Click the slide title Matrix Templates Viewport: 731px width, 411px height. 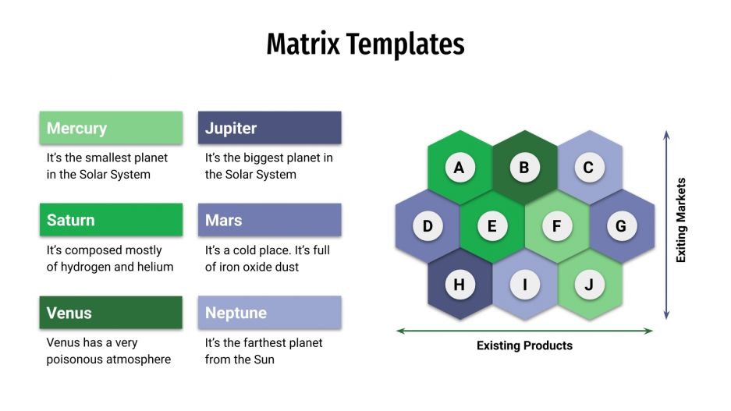coord(365,44)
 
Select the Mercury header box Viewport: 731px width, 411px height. coord(111,128)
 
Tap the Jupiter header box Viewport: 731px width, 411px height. coord(269,128)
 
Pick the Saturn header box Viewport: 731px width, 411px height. coord(111,220)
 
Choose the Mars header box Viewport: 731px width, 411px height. coord(269,220)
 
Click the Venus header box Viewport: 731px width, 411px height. coord(111,313)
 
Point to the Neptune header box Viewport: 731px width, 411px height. coord(269,313)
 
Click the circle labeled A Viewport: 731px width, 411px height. coord(459,167)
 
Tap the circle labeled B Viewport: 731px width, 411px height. coord(524,167)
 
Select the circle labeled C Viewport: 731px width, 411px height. coord(589,167)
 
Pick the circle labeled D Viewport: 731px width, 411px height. coord(428,226)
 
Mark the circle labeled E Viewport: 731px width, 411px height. coord(492,226)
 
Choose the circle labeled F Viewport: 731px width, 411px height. coord(557,226)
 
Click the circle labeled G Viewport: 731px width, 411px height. coord(621,226)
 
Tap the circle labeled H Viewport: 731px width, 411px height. coord(459,285)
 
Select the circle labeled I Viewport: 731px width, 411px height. coord(524,285)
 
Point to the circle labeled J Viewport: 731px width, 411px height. coord(589,285)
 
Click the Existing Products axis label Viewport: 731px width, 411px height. coord(524,345)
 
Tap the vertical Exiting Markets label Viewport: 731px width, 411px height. coord(681,220)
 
